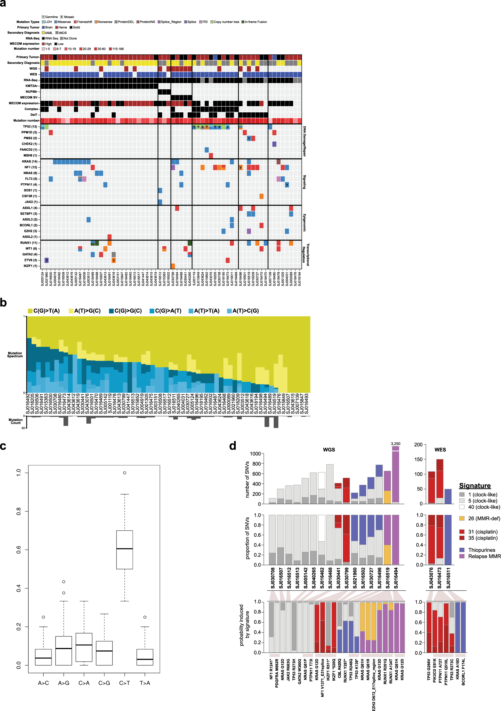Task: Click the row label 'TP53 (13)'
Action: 30,127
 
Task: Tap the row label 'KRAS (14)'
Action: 30,161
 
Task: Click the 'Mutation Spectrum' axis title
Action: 15,355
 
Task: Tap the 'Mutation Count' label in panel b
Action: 15,421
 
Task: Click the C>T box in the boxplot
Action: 124,550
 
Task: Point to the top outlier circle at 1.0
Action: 124,473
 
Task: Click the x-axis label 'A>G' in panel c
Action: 64,683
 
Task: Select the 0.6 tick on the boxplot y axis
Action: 19,550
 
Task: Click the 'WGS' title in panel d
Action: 329,450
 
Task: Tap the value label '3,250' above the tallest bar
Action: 395,444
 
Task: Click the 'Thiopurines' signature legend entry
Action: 481,550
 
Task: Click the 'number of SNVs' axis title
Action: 247,480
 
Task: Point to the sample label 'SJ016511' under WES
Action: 448,578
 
